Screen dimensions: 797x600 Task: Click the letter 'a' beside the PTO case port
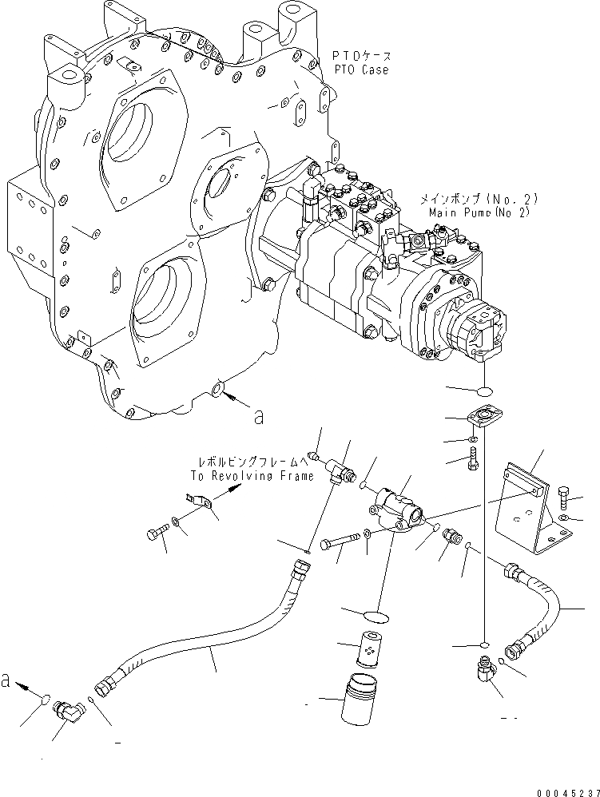coord(257,415)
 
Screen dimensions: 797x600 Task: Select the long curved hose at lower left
coord(208,639)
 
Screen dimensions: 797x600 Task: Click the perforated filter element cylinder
coord(367,650)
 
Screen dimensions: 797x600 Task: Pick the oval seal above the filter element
coord(372,613)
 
